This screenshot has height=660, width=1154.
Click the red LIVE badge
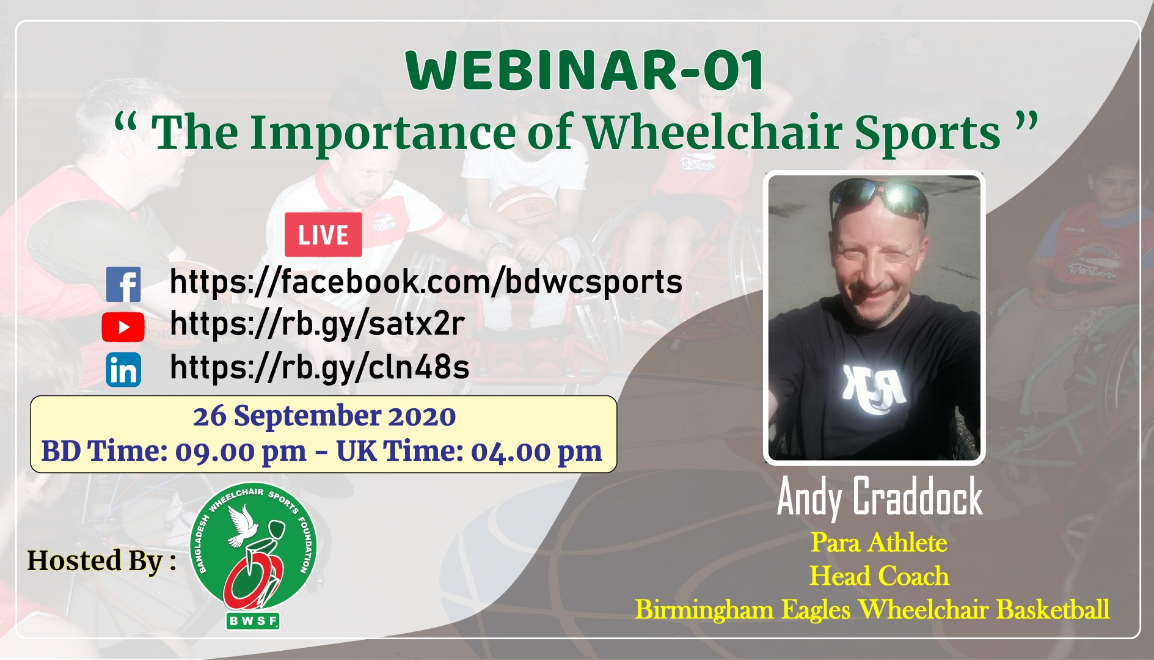pyautogui.click(x=323, y=235)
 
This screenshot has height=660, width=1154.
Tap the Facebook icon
pyautogui.click(x=123, y=284)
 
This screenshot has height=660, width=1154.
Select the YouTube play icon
pyautogui.click(x=123, y=327)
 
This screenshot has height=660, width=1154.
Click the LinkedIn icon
pyautogui.click(x=123, y=370)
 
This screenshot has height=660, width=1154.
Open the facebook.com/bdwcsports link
pyautogui.click(x=426, y=282)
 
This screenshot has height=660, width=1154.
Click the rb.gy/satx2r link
pyautogui.click(x=318, y=324)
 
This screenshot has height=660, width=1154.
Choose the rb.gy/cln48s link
pyautogui.click(x=320, y=367)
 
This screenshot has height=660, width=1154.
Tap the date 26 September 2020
pyautogui.click(x=324, y=416)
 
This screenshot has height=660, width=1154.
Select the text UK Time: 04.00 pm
pyautogui.click(x=469, y=452)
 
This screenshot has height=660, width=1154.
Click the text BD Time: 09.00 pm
pyautogui.click(x=174, y=452)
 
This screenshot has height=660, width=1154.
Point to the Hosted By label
pyautogui.click(x=102, y=560)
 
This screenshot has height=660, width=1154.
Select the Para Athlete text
pyautogui.click(x=879, y=543)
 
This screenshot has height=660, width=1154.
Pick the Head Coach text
pyautogui.click(x=879, y=576)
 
